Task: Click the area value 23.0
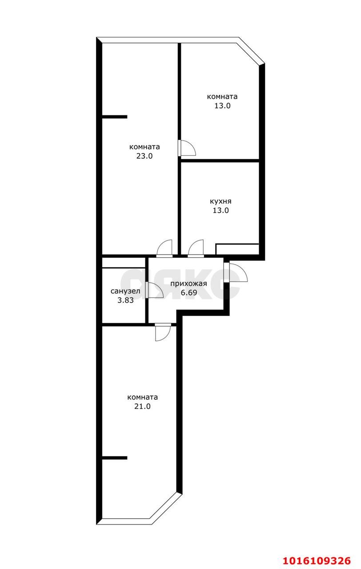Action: click(x=144, y=156)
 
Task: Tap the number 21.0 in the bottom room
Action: click(x=142, y=406)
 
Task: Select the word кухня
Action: click(x=221, y=201)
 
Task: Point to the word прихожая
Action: click(x=189, y=284)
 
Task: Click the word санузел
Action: click(x=125, y=291)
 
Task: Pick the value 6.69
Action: click(x=189, y=293)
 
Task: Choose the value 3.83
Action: click(x=125, y=300)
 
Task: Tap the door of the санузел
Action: click(x=154, y=290)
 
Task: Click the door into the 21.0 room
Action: click(x=163, y=332)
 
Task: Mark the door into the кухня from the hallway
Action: click(x=196, y=248)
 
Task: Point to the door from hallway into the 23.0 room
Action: click(x=164, y=248)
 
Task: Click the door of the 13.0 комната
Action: click(x=187, y=148)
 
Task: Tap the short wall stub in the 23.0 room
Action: click(x=114, y=117)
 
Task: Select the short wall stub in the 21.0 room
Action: click(x=114, y=458)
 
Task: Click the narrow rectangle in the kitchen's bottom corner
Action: click(x=237, y=249)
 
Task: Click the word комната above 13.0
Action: click(x=222, y=96)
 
